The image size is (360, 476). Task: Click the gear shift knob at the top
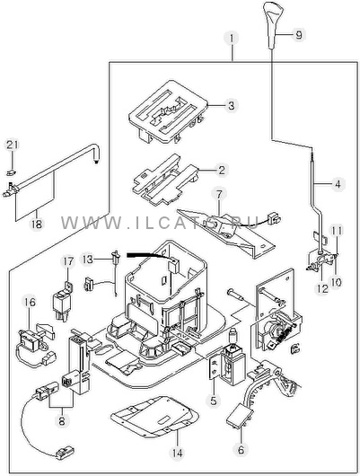pos(274,24)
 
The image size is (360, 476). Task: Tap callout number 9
pos(299,35)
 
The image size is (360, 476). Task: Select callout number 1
pos(232,39)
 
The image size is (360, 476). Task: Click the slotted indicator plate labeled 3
pos(168,112)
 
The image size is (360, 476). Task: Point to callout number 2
pos(222,170)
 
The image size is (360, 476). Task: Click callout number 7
pos(219,194)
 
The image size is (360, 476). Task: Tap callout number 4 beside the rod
pos(338,183)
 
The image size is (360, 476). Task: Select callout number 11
pos(337,231)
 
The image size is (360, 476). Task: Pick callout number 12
pos(322,288)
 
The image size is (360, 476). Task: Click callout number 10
pos(337,282)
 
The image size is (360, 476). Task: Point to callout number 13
pos(87,260)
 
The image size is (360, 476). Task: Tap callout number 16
pos(31,302)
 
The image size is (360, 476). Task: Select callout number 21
pos(13,145)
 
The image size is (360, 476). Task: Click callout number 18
pos(36,224)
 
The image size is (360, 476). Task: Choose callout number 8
pos(62,420)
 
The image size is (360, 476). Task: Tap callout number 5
pos(214,401)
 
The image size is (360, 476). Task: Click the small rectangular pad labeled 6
pos(240,418)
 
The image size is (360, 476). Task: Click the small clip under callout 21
pos(12,173)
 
